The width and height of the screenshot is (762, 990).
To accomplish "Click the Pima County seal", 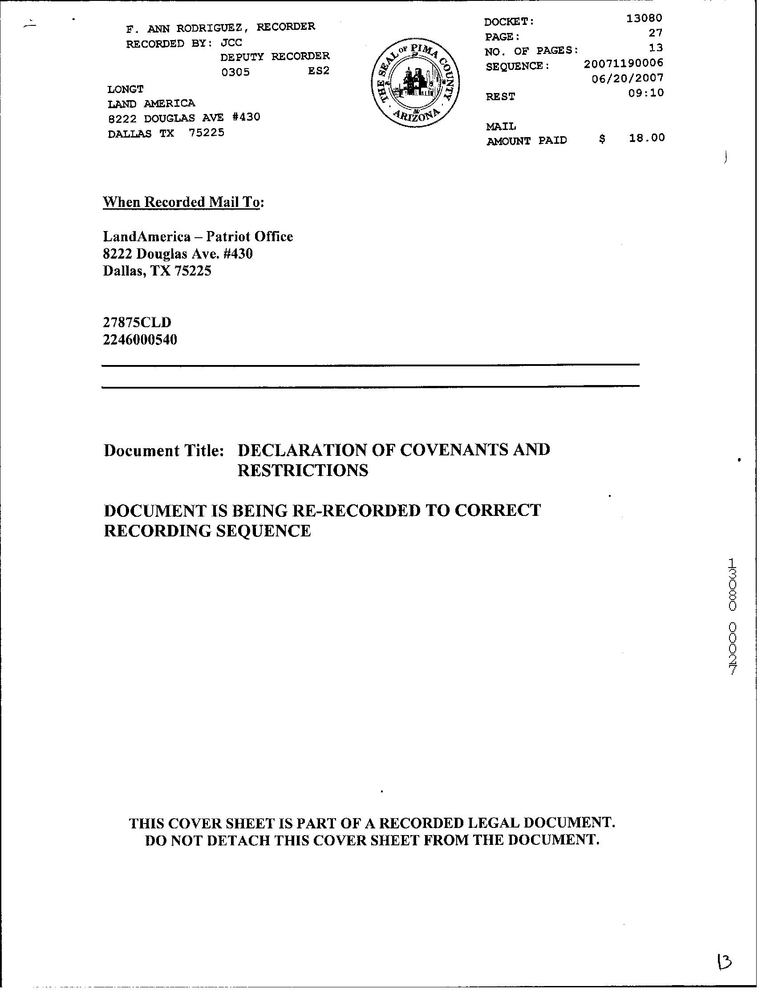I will pyautogui.click(x=415, y=85).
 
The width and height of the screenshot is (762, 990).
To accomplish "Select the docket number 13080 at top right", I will pyautogui.click(x=644, y=18).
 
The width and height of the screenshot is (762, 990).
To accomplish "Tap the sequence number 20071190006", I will pyautogui.click(x=623, y=63).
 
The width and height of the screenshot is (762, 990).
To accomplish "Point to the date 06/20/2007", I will pyautogui.click(x=628, y=78).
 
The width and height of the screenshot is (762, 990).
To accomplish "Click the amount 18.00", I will pyautogui.click(x=646, y=138).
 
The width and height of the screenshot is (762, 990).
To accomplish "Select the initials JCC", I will pyautogui.click(x=231, y=43).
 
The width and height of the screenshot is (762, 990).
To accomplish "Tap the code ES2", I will pyautogui.click(x=319, y=71).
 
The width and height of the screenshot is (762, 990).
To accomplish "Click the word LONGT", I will pyautogui.click(x=126, y=89).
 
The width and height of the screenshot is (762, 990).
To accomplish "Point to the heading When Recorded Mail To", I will pyautogui.click(x=182, y=202).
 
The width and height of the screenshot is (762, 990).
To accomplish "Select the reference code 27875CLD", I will pyautogui.click(x=137, y=322).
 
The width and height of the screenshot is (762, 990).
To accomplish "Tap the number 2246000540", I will pyautogui.click(x=140, y=340).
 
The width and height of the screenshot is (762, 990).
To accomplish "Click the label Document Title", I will pyautogui.click(x=164, y=450).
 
